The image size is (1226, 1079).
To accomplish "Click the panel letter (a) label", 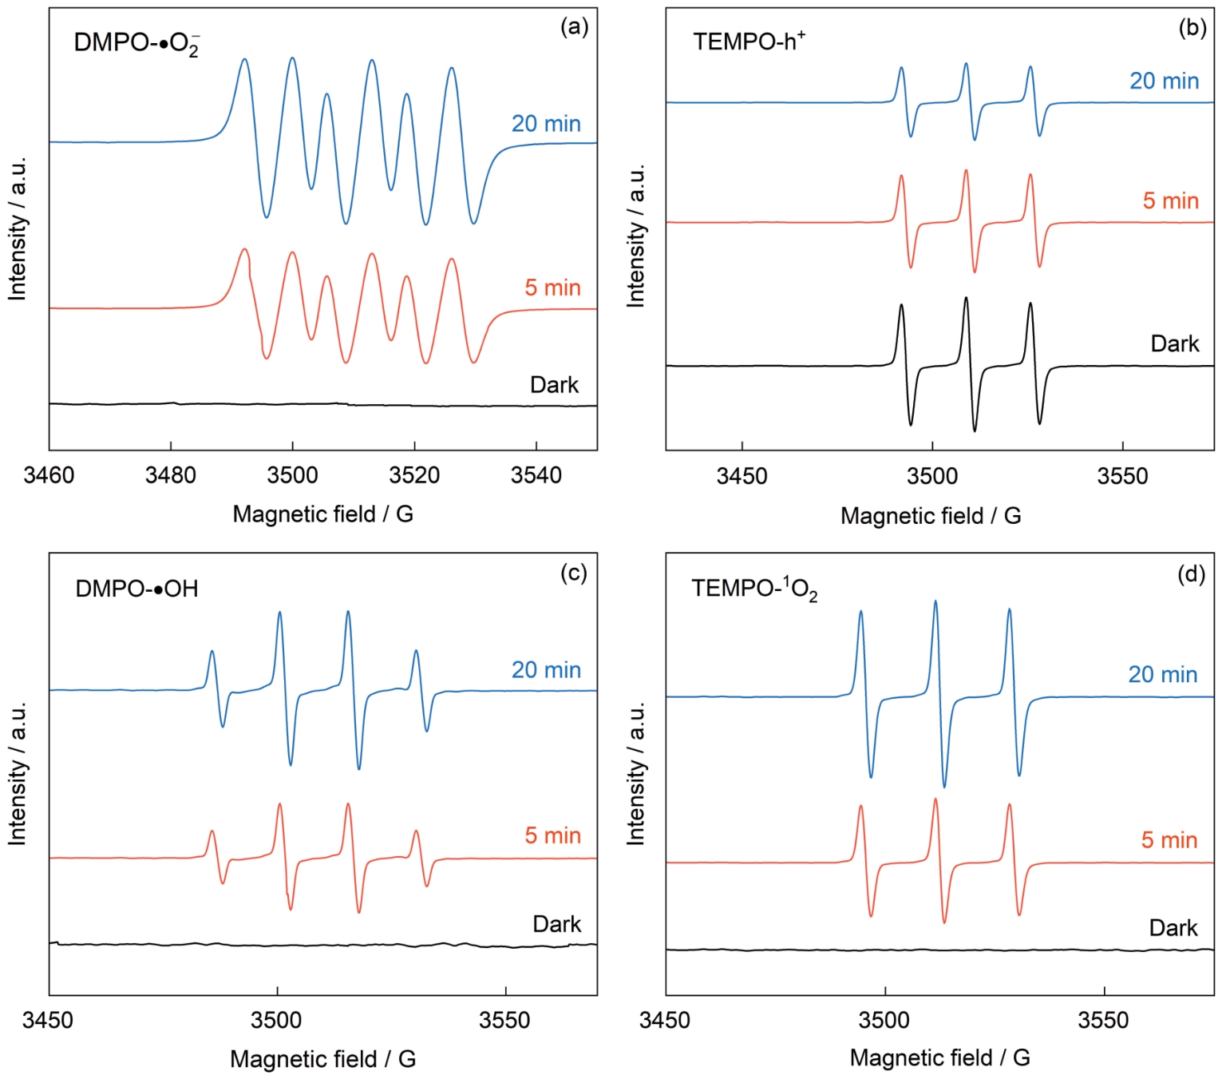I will [574, 27].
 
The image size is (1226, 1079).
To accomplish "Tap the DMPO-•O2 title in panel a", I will [136, 43].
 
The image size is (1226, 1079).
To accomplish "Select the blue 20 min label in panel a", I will [546, 124].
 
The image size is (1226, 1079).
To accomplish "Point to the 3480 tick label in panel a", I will [170, 475].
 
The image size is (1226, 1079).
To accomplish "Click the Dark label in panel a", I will [554, 385].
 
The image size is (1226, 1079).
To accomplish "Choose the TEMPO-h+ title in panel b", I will [749, 41].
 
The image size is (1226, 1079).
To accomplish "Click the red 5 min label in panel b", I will [1170, 200].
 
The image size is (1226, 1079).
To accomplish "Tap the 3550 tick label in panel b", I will [1122, 477].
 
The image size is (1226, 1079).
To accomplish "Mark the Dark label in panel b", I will [1174, 344].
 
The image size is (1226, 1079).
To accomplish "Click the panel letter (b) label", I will [1192, 28].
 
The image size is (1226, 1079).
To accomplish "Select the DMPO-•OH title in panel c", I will [136, 589].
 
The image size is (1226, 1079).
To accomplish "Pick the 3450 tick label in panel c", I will [48, 1021].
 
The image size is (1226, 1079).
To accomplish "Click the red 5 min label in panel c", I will [552, 836].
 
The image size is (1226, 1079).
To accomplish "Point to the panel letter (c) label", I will [574, 573].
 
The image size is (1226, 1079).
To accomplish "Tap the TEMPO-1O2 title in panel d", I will [754, 589].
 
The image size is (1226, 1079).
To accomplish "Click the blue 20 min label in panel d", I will [1162, 675].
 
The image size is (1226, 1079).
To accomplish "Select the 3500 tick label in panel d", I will [884, 1021].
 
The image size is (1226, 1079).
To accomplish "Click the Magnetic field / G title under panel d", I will [939, 1058].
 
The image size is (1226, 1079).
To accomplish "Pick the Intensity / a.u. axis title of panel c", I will [18, 773].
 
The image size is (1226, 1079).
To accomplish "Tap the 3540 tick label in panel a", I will [536, 475].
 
